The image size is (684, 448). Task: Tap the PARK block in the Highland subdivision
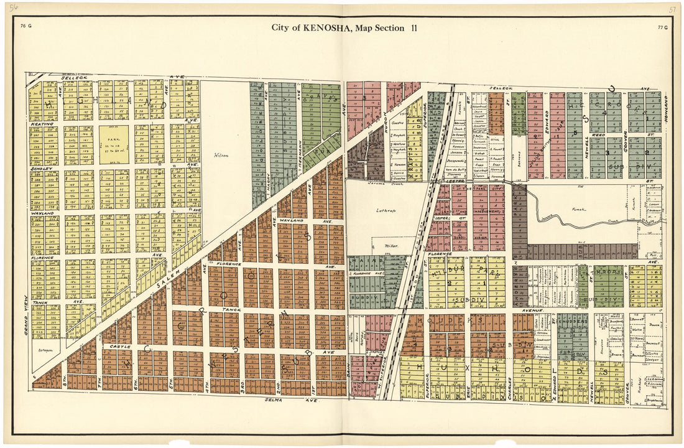point(114,145)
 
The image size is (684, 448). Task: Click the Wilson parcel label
point(221,156)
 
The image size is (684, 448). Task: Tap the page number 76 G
point(25,26)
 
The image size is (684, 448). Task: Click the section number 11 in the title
point(414,27)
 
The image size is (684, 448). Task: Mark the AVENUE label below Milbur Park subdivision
point(533,309)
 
